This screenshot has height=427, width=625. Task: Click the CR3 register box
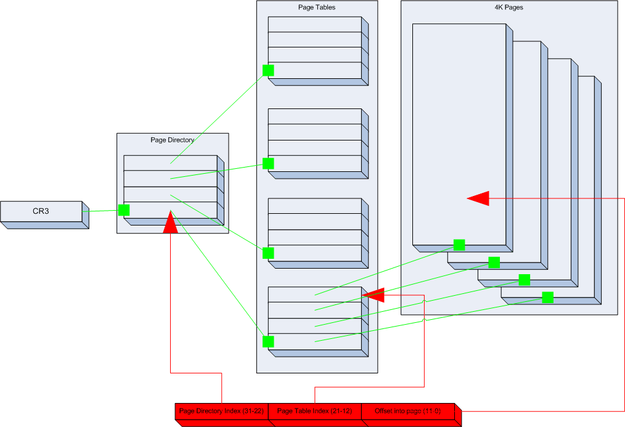point(41,211)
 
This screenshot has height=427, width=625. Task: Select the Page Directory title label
point(172,140)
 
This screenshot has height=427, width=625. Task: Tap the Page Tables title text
point(317,7)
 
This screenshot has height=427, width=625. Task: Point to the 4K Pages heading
point(509,7)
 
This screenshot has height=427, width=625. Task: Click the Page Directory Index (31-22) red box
point(222,411)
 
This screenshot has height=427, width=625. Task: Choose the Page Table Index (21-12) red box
point(315,411)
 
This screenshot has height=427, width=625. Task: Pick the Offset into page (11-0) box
point(408,411)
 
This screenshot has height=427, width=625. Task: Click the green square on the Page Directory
point(124,210)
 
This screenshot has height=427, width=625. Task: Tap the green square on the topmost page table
point(268,70)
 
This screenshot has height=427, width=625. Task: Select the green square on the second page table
point(268,163)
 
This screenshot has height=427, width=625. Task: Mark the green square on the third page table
point(268,253)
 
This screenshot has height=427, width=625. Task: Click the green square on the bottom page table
point(268,341)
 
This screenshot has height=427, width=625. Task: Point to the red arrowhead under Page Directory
point(170,222)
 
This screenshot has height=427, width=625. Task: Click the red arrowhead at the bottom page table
point(373,295)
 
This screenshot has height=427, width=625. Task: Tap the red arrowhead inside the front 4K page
point(478,198)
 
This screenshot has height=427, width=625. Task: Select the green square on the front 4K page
point(459,245)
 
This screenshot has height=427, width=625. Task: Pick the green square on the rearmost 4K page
point(548,298)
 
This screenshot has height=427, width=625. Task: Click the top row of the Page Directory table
point(171,163)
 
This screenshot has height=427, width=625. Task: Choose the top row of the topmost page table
point(315,24)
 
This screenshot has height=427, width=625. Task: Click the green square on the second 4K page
point(494,262)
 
